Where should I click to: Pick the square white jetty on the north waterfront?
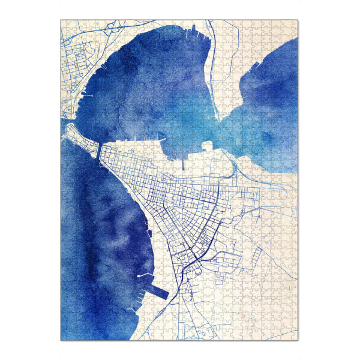click(208, 145)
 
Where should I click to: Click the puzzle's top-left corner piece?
click(64, 24)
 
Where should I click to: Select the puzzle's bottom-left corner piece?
click(64, 337)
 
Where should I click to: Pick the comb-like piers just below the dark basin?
click(144, 300)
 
